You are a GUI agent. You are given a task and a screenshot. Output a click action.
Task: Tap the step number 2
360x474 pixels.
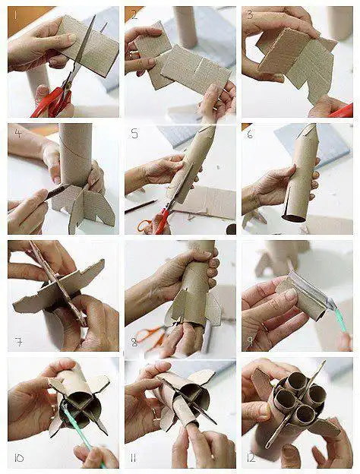(134, 14)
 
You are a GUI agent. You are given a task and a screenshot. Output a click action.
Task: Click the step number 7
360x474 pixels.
(17, 341)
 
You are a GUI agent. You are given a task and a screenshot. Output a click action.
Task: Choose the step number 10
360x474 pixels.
(19, 458)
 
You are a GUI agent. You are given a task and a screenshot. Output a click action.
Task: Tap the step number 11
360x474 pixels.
(136, 458)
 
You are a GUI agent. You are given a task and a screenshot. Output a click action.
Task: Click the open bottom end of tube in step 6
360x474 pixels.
(292, 216)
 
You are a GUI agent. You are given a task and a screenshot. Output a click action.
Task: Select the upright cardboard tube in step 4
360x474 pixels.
(75, 152)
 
